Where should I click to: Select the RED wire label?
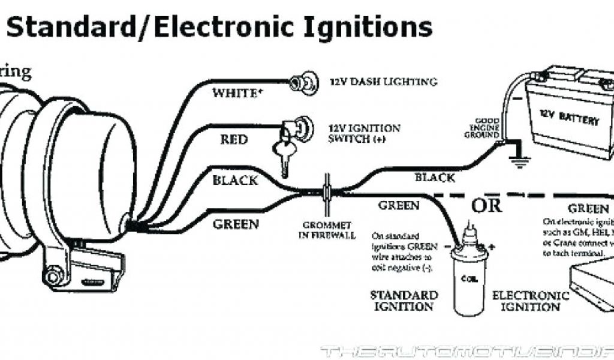[x=233, y=140]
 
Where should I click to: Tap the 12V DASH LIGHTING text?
[x=382, y=82]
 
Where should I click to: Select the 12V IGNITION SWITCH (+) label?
[x=364, y=134]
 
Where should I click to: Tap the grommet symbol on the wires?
[x=327, y=190]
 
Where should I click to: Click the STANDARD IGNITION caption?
[x=404, y=301]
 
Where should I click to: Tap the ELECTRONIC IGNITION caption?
[x=530, y=301]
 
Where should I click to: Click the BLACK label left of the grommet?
[x=235, y=180]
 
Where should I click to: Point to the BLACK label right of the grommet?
[x=435, y=177]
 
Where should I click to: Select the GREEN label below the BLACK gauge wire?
[x=236, y=224]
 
